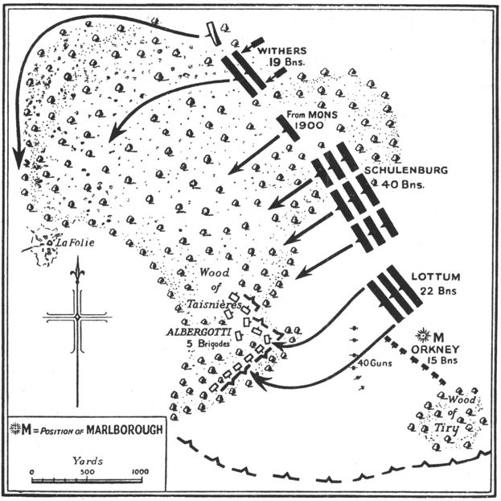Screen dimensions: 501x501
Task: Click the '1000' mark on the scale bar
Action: point(139,472)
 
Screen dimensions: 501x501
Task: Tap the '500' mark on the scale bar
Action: point(85,472)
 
